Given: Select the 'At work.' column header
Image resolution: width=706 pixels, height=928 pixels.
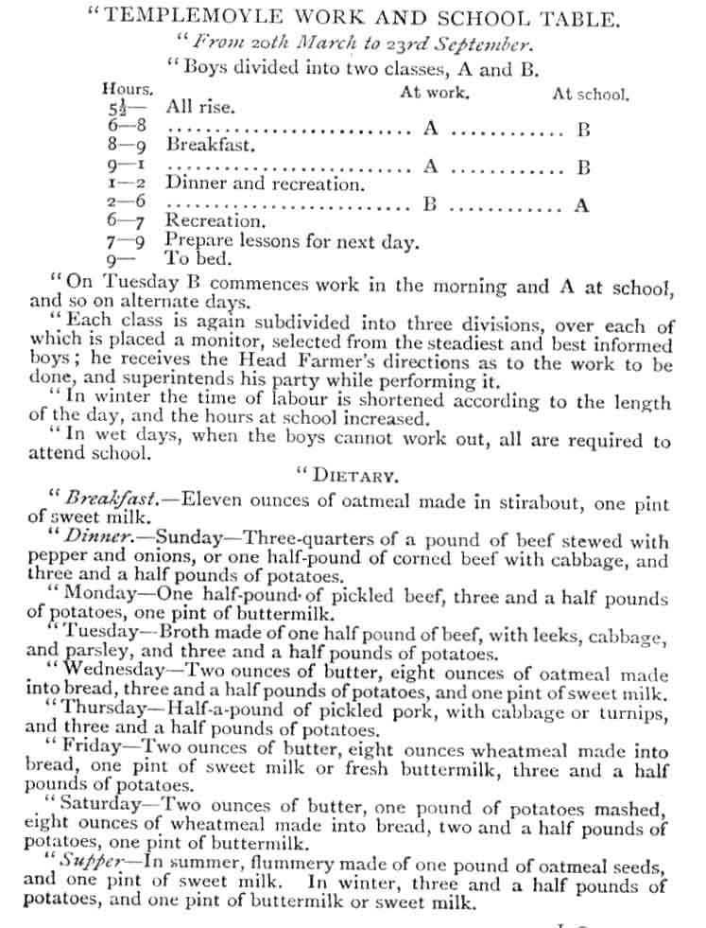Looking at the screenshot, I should pos(435,93).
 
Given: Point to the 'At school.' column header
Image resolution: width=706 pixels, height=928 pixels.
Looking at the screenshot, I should pos(591,95).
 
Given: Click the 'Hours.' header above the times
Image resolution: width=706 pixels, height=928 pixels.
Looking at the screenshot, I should pos(127,89).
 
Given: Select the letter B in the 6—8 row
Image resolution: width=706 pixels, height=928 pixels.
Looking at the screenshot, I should pos(584,131).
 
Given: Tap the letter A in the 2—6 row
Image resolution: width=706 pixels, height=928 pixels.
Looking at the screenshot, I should pos(582,204).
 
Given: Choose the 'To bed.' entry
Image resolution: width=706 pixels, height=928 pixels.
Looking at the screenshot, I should pos(197,257).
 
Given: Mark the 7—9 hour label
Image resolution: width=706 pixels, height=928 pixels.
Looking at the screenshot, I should pos(125,242).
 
